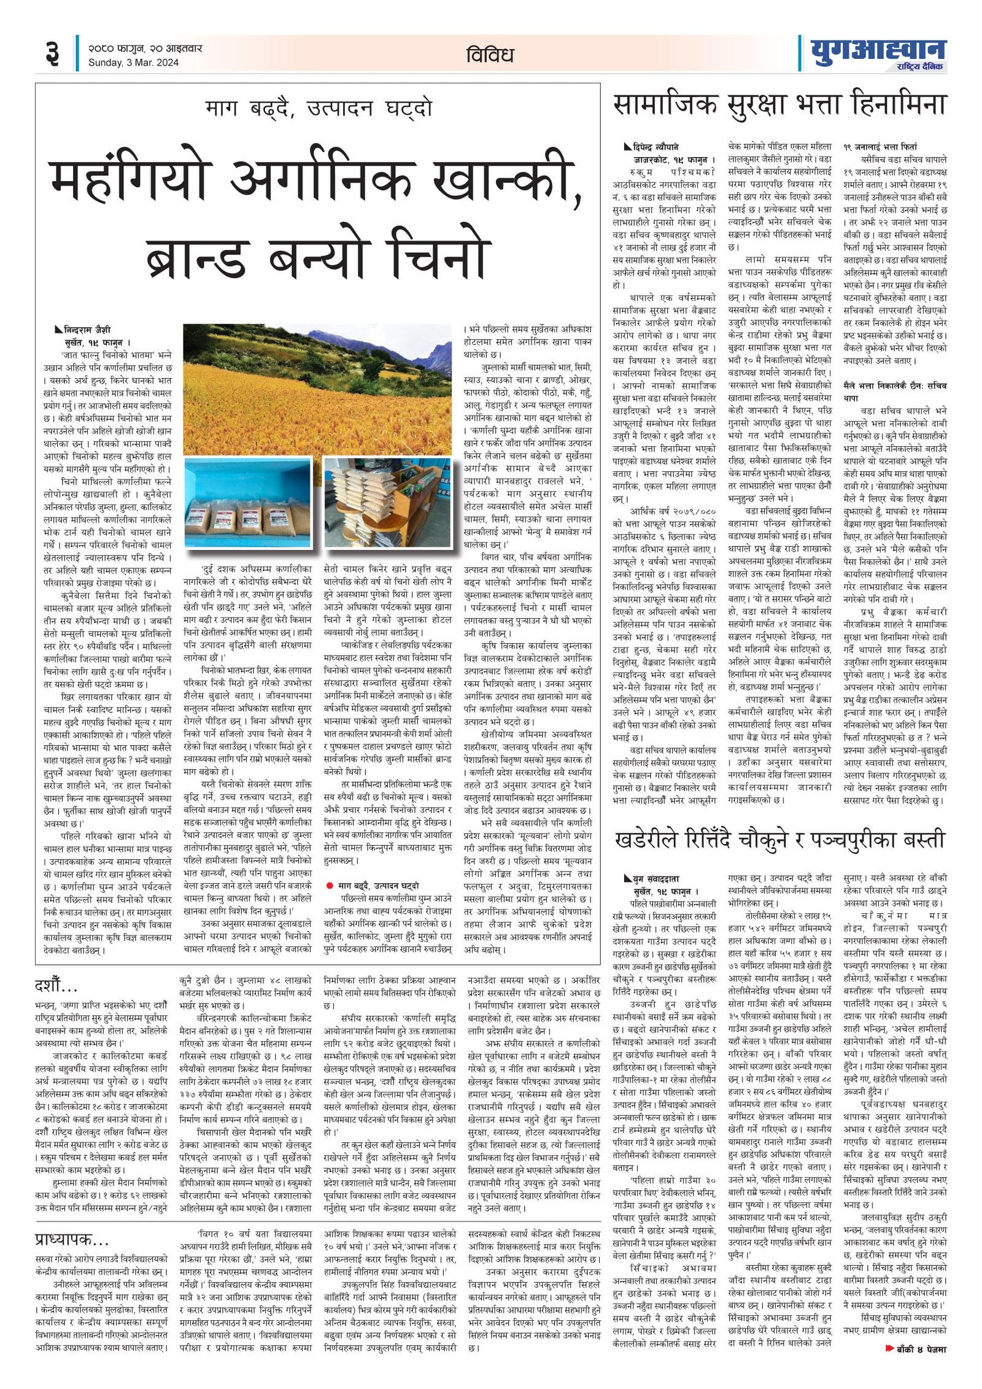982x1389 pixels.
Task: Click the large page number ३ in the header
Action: (x=52, y=53)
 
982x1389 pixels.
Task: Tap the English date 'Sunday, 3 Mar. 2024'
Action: (x=133, y=63)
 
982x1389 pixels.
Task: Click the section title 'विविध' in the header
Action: (x=489, y=55)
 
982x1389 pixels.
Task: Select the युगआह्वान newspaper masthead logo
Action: (x=878, y=52)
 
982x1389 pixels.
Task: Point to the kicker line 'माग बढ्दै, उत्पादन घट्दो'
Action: (x=319, y=109)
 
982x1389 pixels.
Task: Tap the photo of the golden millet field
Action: (x=317, y=389)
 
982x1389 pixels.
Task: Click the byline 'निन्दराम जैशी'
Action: (x=87, y=330)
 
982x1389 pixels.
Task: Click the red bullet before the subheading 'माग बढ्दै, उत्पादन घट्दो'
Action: (x=330, y=885)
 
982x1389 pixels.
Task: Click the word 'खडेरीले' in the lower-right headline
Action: (x=654, y=839)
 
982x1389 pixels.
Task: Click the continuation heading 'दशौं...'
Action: (x=56, y=986)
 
